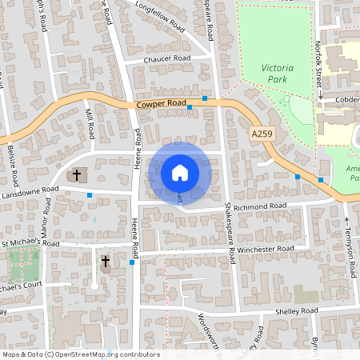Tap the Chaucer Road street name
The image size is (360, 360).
tap(167, 59)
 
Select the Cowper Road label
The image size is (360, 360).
tap(161, 104)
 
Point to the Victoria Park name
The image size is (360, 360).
tap(278, 74)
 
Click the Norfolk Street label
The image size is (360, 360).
tap(318, 59)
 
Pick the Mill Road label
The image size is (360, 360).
tap(90, 125)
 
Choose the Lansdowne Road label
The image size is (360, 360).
tap(30, 192)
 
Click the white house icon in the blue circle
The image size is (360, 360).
tap(180, 173)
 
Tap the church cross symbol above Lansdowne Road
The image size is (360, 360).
tap(78, 174)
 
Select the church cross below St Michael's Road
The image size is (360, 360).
tap(105, 262)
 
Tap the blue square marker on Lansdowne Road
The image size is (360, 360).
tap(90, 195)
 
